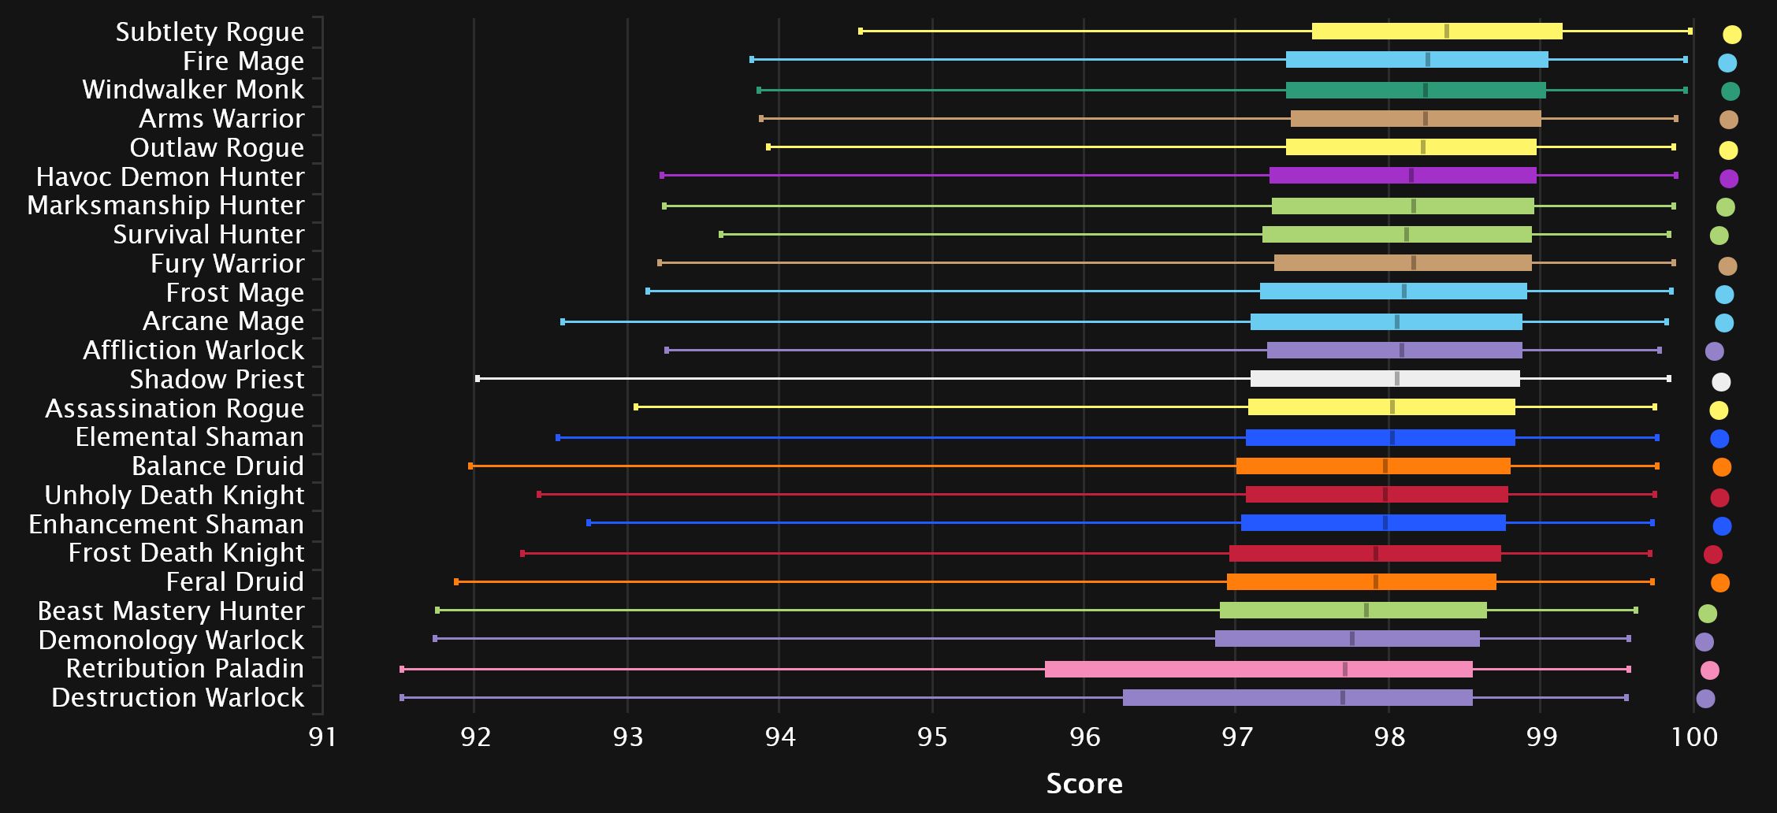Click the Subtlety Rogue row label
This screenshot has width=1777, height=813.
click(210, 32)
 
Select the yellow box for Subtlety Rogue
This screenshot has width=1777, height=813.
click(1437, 32)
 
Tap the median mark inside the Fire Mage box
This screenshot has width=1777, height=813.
click(1428, 60)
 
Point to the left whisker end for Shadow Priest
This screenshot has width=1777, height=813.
click(478, 379)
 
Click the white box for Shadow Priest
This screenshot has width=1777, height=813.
click(1385, 379)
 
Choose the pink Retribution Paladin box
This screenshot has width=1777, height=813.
click(1258, 669)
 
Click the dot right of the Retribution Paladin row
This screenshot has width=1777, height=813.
click(1709, 670)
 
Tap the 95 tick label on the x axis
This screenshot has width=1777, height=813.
click(932, 737)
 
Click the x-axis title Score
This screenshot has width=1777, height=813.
click(1084, 783)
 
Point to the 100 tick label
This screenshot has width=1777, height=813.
click(1694, 737)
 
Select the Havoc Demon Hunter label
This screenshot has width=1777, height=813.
click(170, 176)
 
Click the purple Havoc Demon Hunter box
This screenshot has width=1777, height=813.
click(1403, 176)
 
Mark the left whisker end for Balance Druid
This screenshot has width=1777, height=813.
click(470, 466)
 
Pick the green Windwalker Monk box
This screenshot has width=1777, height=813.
click(1415, 90)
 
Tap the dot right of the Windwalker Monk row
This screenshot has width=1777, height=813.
click(1730, 91)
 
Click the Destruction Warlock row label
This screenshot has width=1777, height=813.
click(178, 697)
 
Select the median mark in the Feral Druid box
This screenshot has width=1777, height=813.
click(1376, 582)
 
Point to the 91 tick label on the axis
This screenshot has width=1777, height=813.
click(322, 737)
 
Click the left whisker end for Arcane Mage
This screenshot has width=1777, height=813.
click(563, 321)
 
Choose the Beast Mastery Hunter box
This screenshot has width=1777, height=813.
click(1353, 611)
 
